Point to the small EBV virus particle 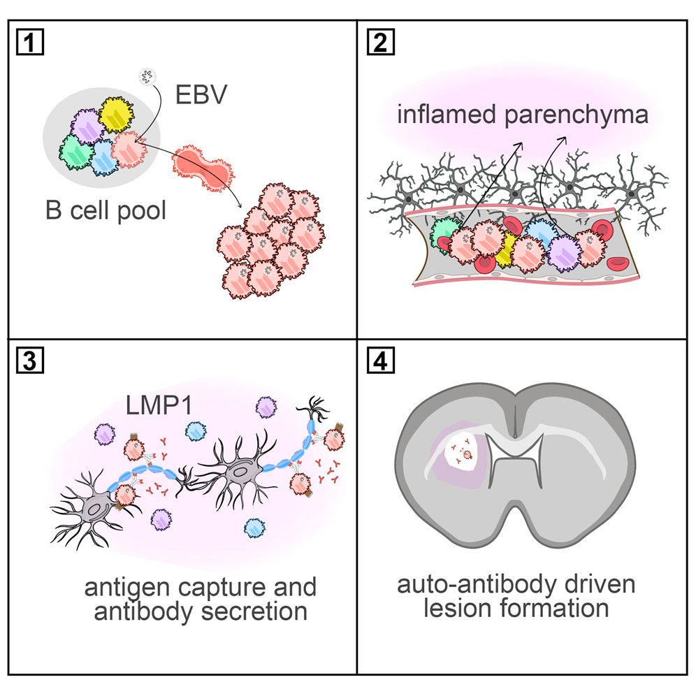(145, 75)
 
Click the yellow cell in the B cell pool (121, 115)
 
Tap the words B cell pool (106, 210)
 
